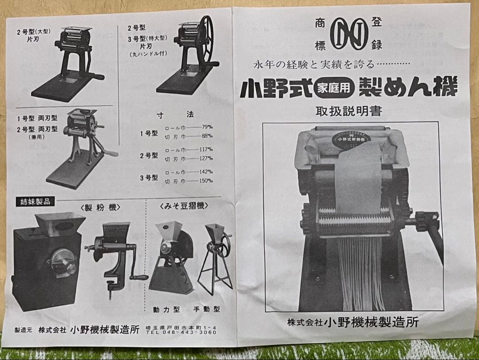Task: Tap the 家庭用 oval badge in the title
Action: click(333, 88)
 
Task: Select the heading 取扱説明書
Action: click(348, 111)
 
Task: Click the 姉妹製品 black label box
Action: click(35, 202)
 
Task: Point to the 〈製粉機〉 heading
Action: click(100, 207)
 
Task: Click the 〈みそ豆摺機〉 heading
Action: click(184, 206)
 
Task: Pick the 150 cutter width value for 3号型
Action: click(206, 181)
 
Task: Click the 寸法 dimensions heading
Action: click(175, 114)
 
